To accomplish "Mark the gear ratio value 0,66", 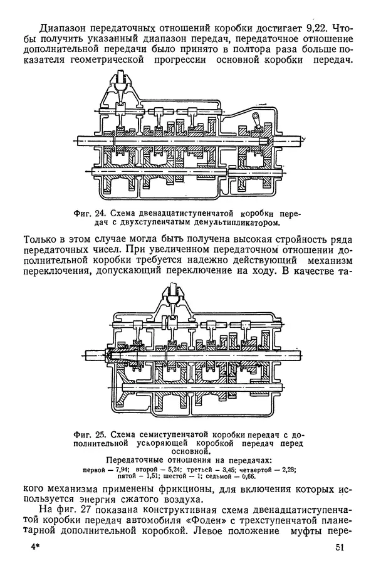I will [x=250, y=476].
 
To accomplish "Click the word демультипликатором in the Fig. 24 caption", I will [x=232, y=221].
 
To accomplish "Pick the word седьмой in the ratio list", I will [x=220, y=476].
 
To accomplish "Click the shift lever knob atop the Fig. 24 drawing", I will [x=122, y=78].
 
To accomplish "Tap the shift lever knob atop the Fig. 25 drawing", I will [x=170, y=291].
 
